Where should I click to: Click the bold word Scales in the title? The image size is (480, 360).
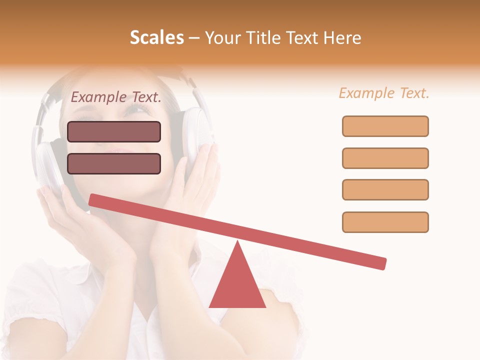[x=157, y=37]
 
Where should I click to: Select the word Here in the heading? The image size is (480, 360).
[x=342, y=37]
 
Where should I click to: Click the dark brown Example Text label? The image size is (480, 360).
[x=116, y=97]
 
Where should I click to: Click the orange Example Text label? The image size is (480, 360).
[x=384, y=93]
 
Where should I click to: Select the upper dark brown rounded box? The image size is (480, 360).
[x=114, y=131]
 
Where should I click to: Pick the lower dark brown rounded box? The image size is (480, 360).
[x=114, y=163]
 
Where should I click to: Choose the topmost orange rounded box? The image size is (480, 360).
[x=385, y=126]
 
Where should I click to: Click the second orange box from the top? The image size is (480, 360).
[x=385, y=158]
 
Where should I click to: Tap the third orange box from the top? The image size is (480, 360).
[x=385, y=189]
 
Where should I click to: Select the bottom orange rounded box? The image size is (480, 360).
[x=385, y=222]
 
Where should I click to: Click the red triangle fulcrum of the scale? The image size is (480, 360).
[x=237, y=285]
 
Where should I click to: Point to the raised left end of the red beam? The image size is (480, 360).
[x=93, y=200]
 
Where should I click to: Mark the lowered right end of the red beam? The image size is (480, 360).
[x=382, y=263]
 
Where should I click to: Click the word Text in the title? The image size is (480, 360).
[x=303, y=37]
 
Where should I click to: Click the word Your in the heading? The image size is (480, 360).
[x=222, y=38]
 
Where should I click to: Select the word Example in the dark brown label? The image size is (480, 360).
[x=98, y=97]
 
